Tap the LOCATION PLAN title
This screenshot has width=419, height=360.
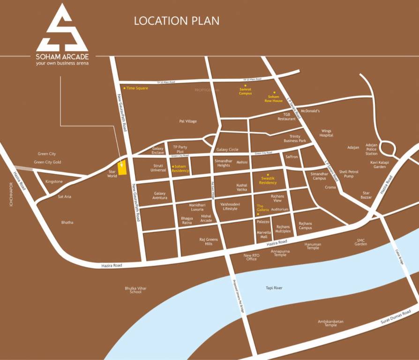pos(177,21)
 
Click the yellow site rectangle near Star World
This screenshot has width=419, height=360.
pos(122,167)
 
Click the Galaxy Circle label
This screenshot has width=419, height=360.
pos(227,150)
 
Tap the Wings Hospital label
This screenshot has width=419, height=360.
pos(326,133)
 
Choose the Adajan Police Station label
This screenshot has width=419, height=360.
pos(371,150)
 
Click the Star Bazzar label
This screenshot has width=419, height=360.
pos(366,195)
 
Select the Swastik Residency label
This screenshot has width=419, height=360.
pos(268,180)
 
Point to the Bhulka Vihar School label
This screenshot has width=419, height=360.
pos(135,290)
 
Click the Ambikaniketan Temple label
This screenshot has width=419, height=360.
pos(330,323)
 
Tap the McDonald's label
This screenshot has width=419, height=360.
pos(310,111)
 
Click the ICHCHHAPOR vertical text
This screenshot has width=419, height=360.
pos(8,196)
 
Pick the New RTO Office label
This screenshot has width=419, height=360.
pos(251,257)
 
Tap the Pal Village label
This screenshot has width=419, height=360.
pos(188,121)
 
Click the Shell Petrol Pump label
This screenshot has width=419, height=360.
pos(349,174)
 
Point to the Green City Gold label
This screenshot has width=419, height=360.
pos(47,162)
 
